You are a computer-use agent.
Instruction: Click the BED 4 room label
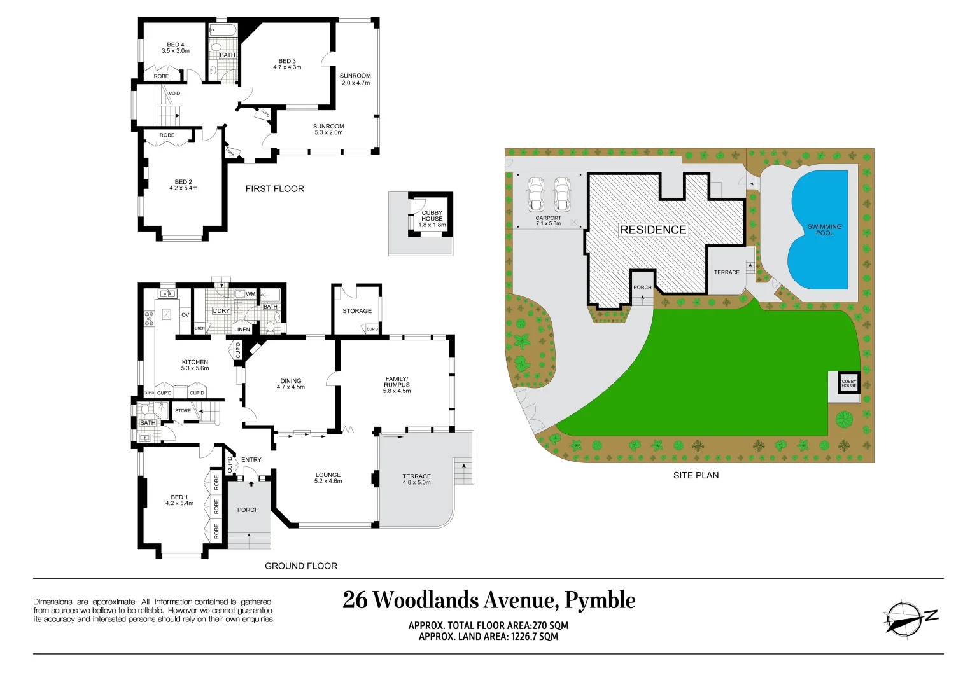[175, 48]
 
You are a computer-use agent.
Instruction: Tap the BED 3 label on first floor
[287, 64]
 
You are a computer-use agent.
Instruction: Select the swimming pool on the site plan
[820, 230]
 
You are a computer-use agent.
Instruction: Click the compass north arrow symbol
[904, 618]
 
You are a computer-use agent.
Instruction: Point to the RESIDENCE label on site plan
[653, 230]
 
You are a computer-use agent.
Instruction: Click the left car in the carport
[536, 194]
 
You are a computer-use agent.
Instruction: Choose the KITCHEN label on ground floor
[195, 365]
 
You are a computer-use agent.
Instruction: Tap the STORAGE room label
[357, 311]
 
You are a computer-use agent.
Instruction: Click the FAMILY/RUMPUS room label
[397, 385]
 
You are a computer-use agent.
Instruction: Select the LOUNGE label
[328, 478]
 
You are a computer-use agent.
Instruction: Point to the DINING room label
[291, 384]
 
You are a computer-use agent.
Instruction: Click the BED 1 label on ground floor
[179, 500]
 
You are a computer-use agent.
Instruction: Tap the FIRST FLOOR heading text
[274, 189]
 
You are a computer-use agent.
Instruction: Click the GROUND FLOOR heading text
[301, 566]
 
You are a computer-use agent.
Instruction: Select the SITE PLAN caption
[696, 475]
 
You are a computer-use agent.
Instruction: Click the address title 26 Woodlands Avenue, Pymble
[489, 600]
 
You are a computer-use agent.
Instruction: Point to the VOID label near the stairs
[174, 94]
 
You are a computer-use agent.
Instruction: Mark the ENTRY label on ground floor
[251, 460]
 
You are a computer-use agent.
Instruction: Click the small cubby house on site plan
[848, 383]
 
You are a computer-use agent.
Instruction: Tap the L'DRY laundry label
[221, 311]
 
